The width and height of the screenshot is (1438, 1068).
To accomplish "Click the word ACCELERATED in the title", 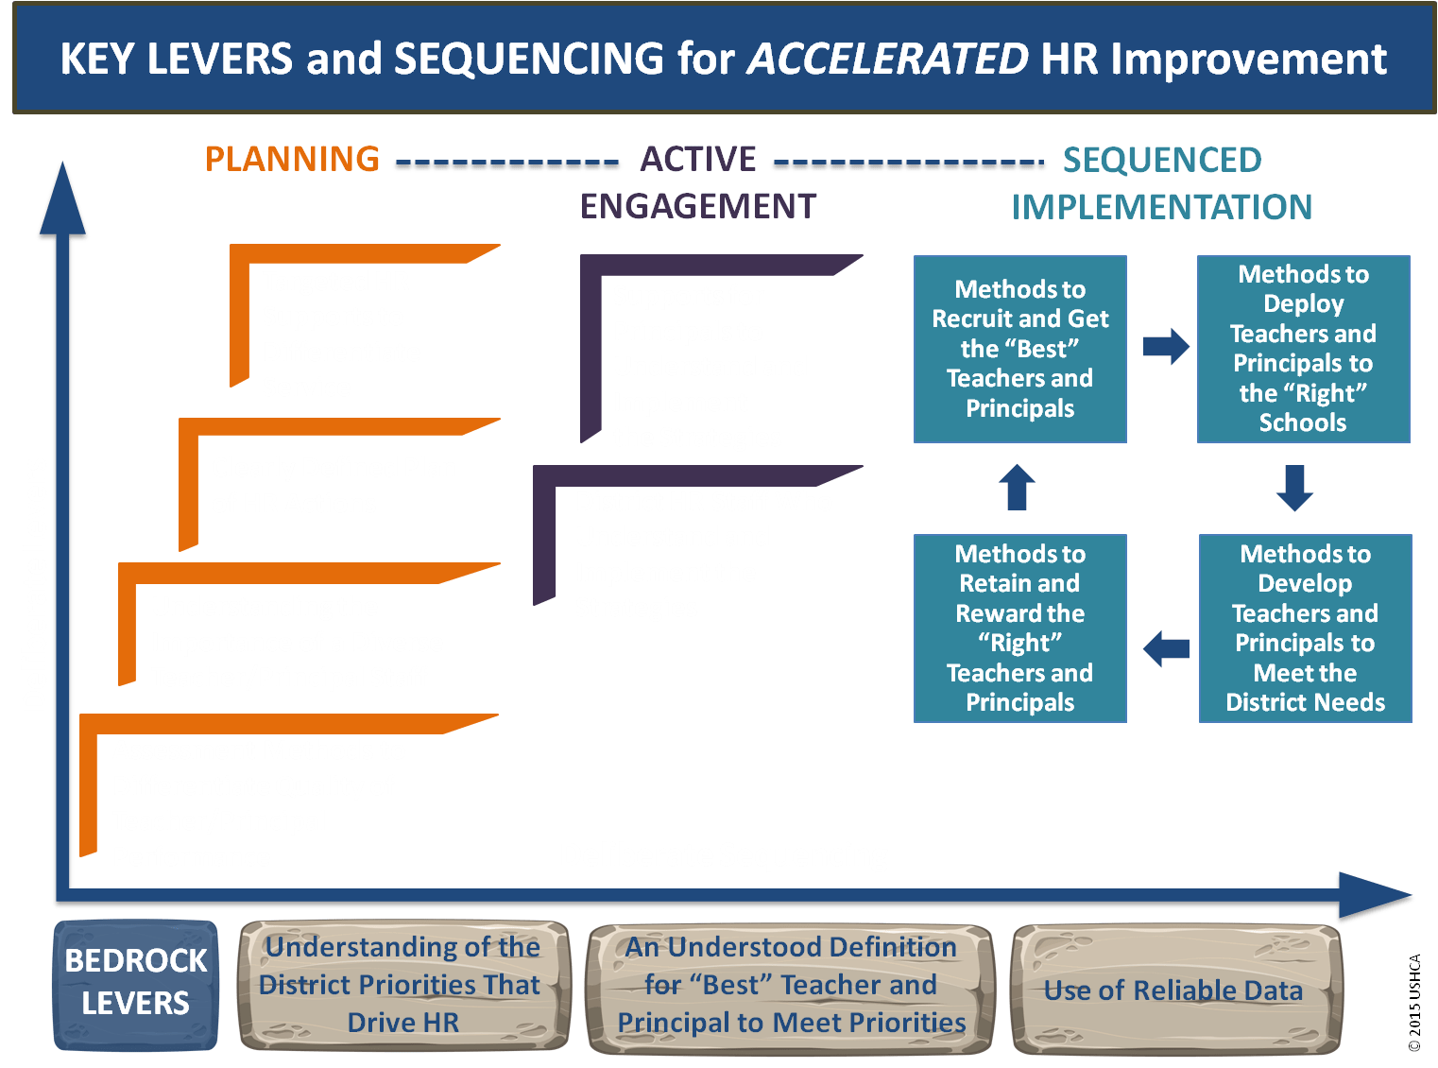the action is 886,59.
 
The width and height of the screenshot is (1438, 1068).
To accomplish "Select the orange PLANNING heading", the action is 292,159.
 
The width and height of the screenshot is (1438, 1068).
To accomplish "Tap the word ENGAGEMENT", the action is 697,206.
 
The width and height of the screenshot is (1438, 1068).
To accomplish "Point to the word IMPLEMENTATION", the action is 1161,207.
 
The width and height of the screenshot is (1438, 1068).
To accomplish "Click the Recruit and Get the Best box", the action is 1019,349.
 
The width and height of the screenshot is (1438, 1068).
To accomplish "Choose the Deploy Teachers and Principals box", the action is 1303,349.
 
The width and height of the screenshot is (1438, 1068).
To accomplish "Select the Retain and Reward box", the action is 1019,628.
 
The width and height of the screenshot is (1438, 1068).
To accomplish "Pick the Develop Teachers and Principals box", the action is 1305,628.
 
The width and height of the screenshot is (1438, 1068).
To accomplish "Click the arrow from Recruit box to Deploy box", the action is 1165,347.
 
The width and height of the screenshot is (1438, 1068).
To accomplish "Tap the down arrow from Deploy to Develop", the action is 1294,488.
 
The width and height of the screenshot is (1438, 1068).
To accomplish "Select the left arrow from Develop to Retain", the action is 1165,648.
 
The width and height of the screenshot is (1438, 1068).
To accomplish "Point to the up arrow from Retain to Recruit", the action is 1016,488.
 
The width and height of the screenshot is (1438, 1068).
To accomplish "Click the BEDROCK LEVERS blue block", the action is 135,984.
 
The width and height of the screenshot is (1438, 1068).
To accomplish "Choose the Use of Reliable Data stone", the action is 1176,989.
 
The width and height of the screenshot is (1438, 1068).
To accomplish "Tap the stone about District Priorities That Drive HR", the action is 404,985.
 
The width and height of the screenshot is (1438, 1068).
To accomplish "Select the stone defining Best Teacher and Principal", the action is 790,988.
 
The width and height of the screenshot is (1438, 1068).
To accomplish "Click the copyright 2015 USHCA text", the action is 1414,1002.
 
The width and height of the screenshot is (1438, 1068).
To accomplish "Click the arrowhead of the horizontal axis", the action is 1375,895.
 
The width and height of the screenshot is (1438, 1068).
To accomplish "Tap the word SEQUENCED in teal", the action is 1162,160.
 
